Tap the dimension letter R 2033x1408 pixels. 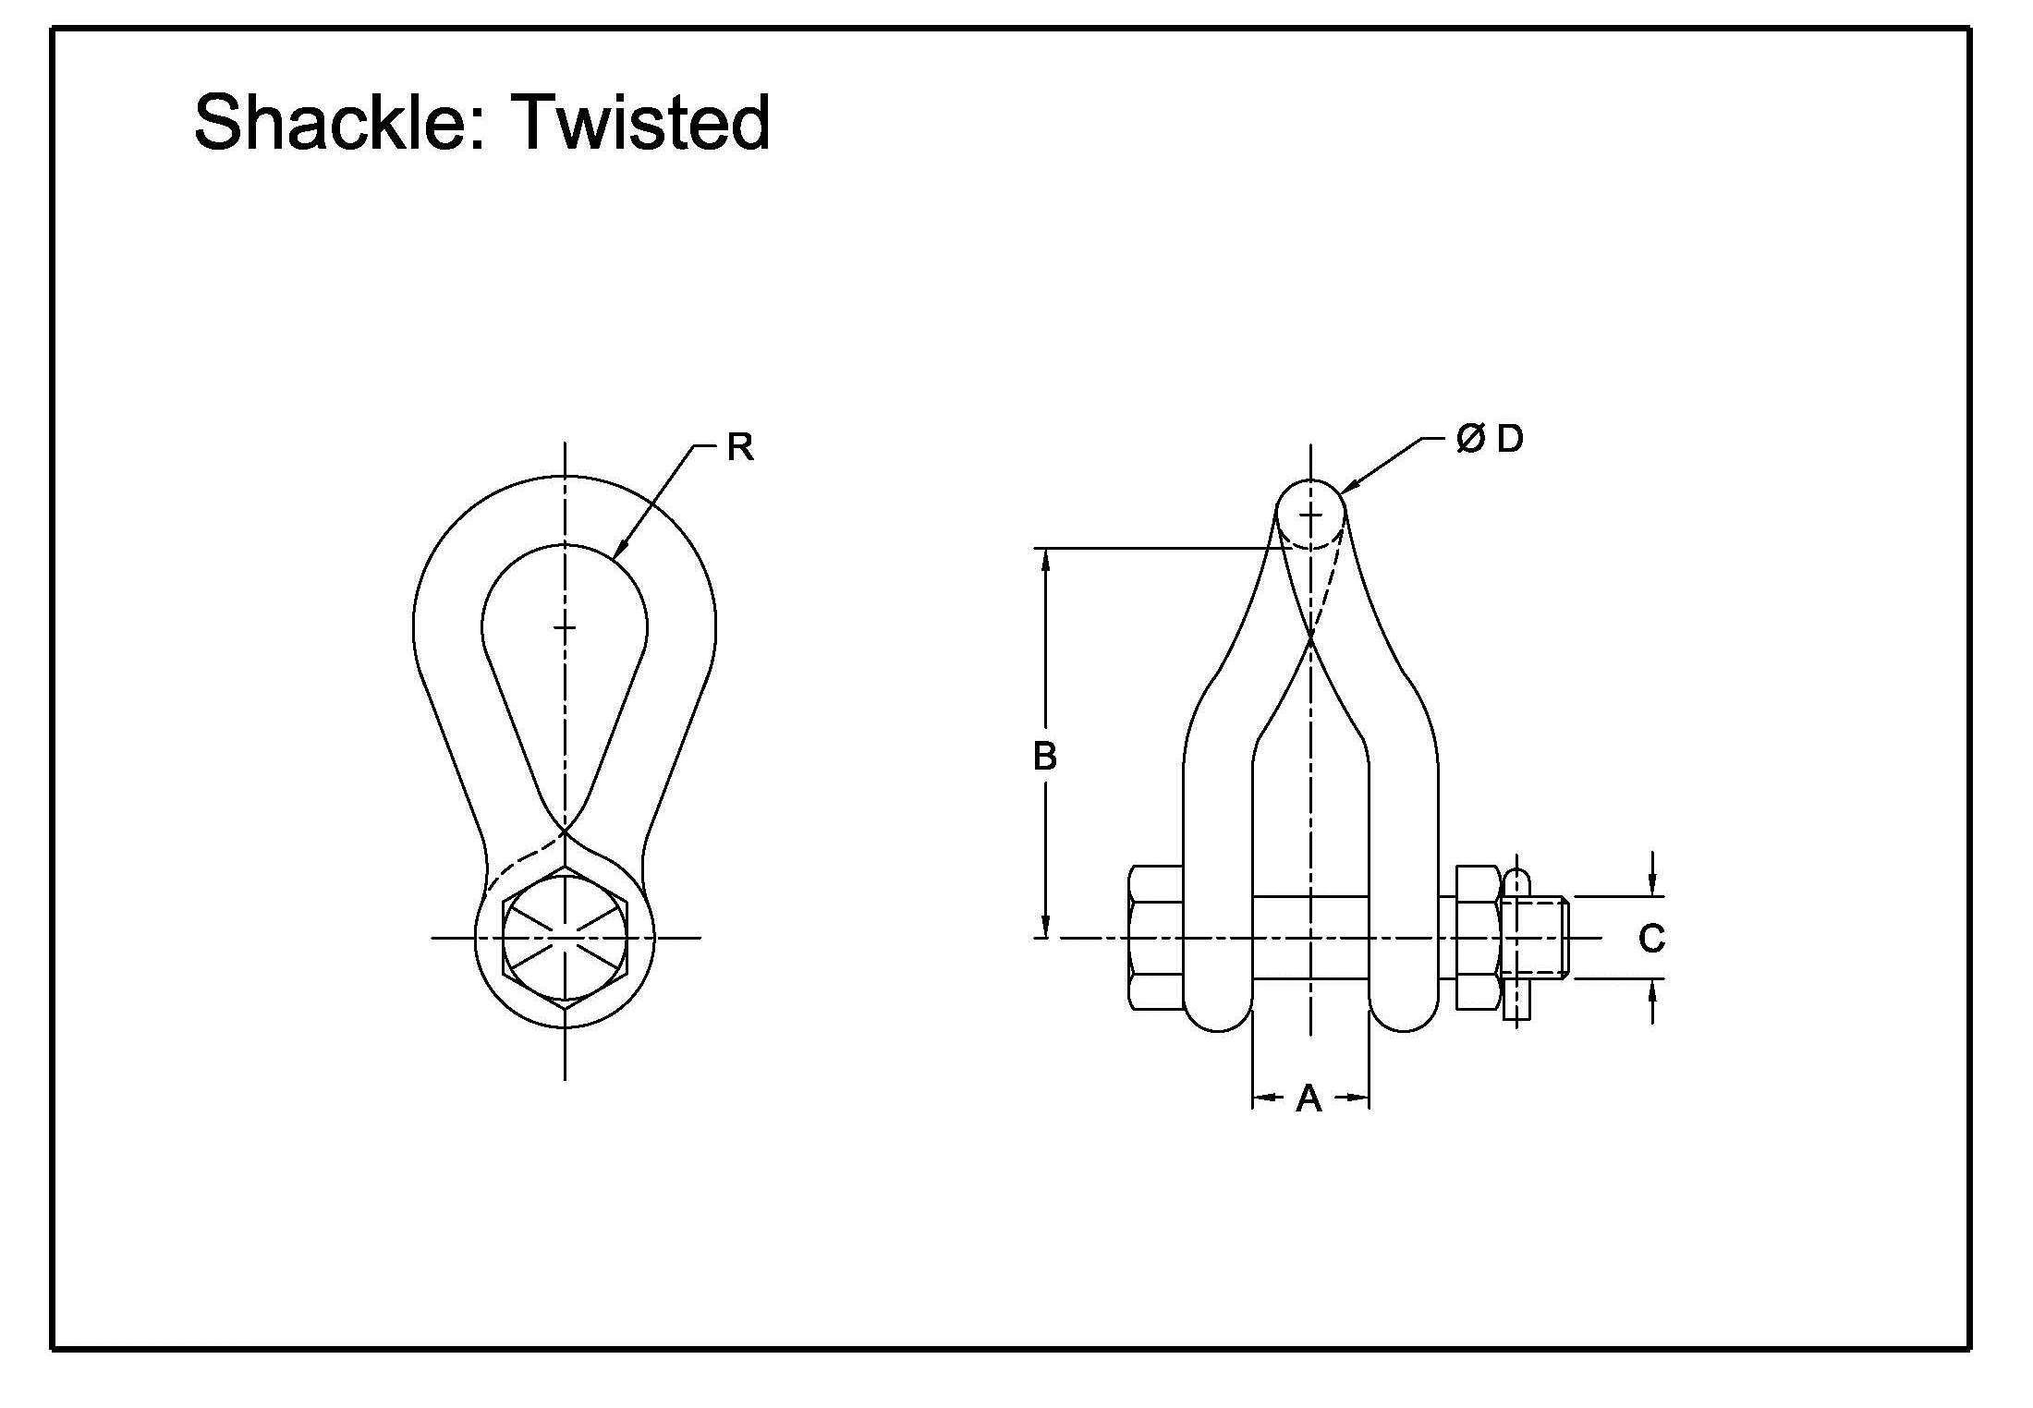coord(740,448)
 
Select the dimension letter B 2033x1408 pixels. coord(1044,757)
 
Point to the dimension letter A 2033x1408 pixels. coord(1309,1098)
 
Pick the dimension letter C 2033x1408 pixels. coord(1651,939)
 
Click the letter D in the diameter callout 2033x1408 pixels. coord(1510,439)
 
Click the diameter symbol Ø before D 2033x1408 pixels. coord(1470,439)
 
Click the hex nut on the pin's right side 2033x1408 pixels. coord(1479,938)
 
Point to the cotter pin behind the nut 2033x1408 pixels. coord(1517,942)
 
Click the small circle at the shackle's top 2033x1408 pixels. coord(1310,514)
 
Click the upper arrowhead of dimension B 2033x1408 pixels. coord(1045,557)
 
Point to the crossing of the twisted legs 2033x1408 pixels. coord(1310,638)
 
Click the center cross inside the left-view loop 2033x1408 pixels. coord(565,627)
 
